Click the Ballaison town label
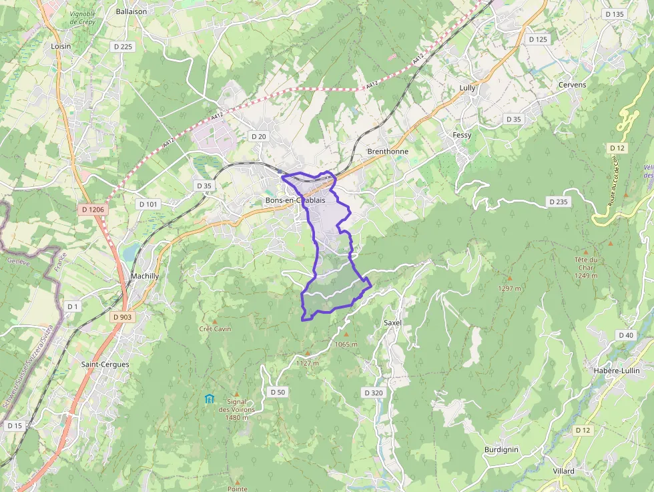[131, 11]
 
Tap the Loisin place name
[61, 47]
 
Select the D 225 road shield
[123, 47]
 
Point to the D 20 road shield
[258, 136]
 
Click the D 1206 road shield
[93, 210]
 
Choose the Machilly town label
[145, 276]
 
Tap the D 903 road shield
[122, 317]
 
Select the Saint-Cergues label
[105, 364]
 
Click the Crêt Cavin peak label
[215, 328]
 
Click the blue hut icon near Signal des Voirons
[210, 399]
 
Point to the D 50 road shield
[278, 392]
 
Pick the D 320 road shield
[374, 393]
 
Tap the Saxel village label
[392, 322]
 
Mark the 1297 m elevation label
[510, 288]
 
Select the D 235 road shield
[559, 201]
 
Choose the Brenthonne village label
[387, 152]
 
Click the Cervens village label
[572, 85]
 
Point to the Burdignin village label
[501, 450]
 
